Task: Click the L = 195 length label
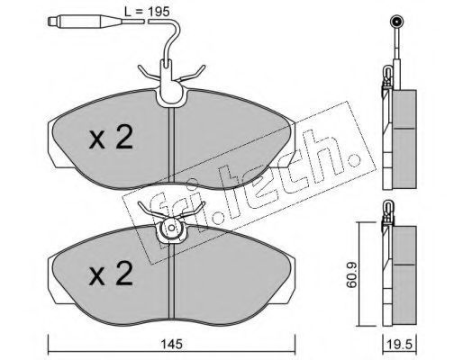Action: pyautogui.click(x=147, y=12)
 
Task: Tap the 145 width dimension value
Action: pyautogui.click(x=172, y=344)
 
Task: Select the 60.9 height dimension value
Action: pyautogui.click(x=351, y=274)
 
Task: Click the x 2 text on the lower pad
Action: pyautogui.click(x=111, y=274)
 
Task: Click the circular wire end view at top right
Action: pyautogui.click(x=396, y=22)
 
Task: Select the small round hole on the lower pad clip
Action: pyautogui.click(x=171, y=228)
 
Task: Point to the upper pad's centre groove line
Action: pyautogui.click(x=171, y=145)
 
